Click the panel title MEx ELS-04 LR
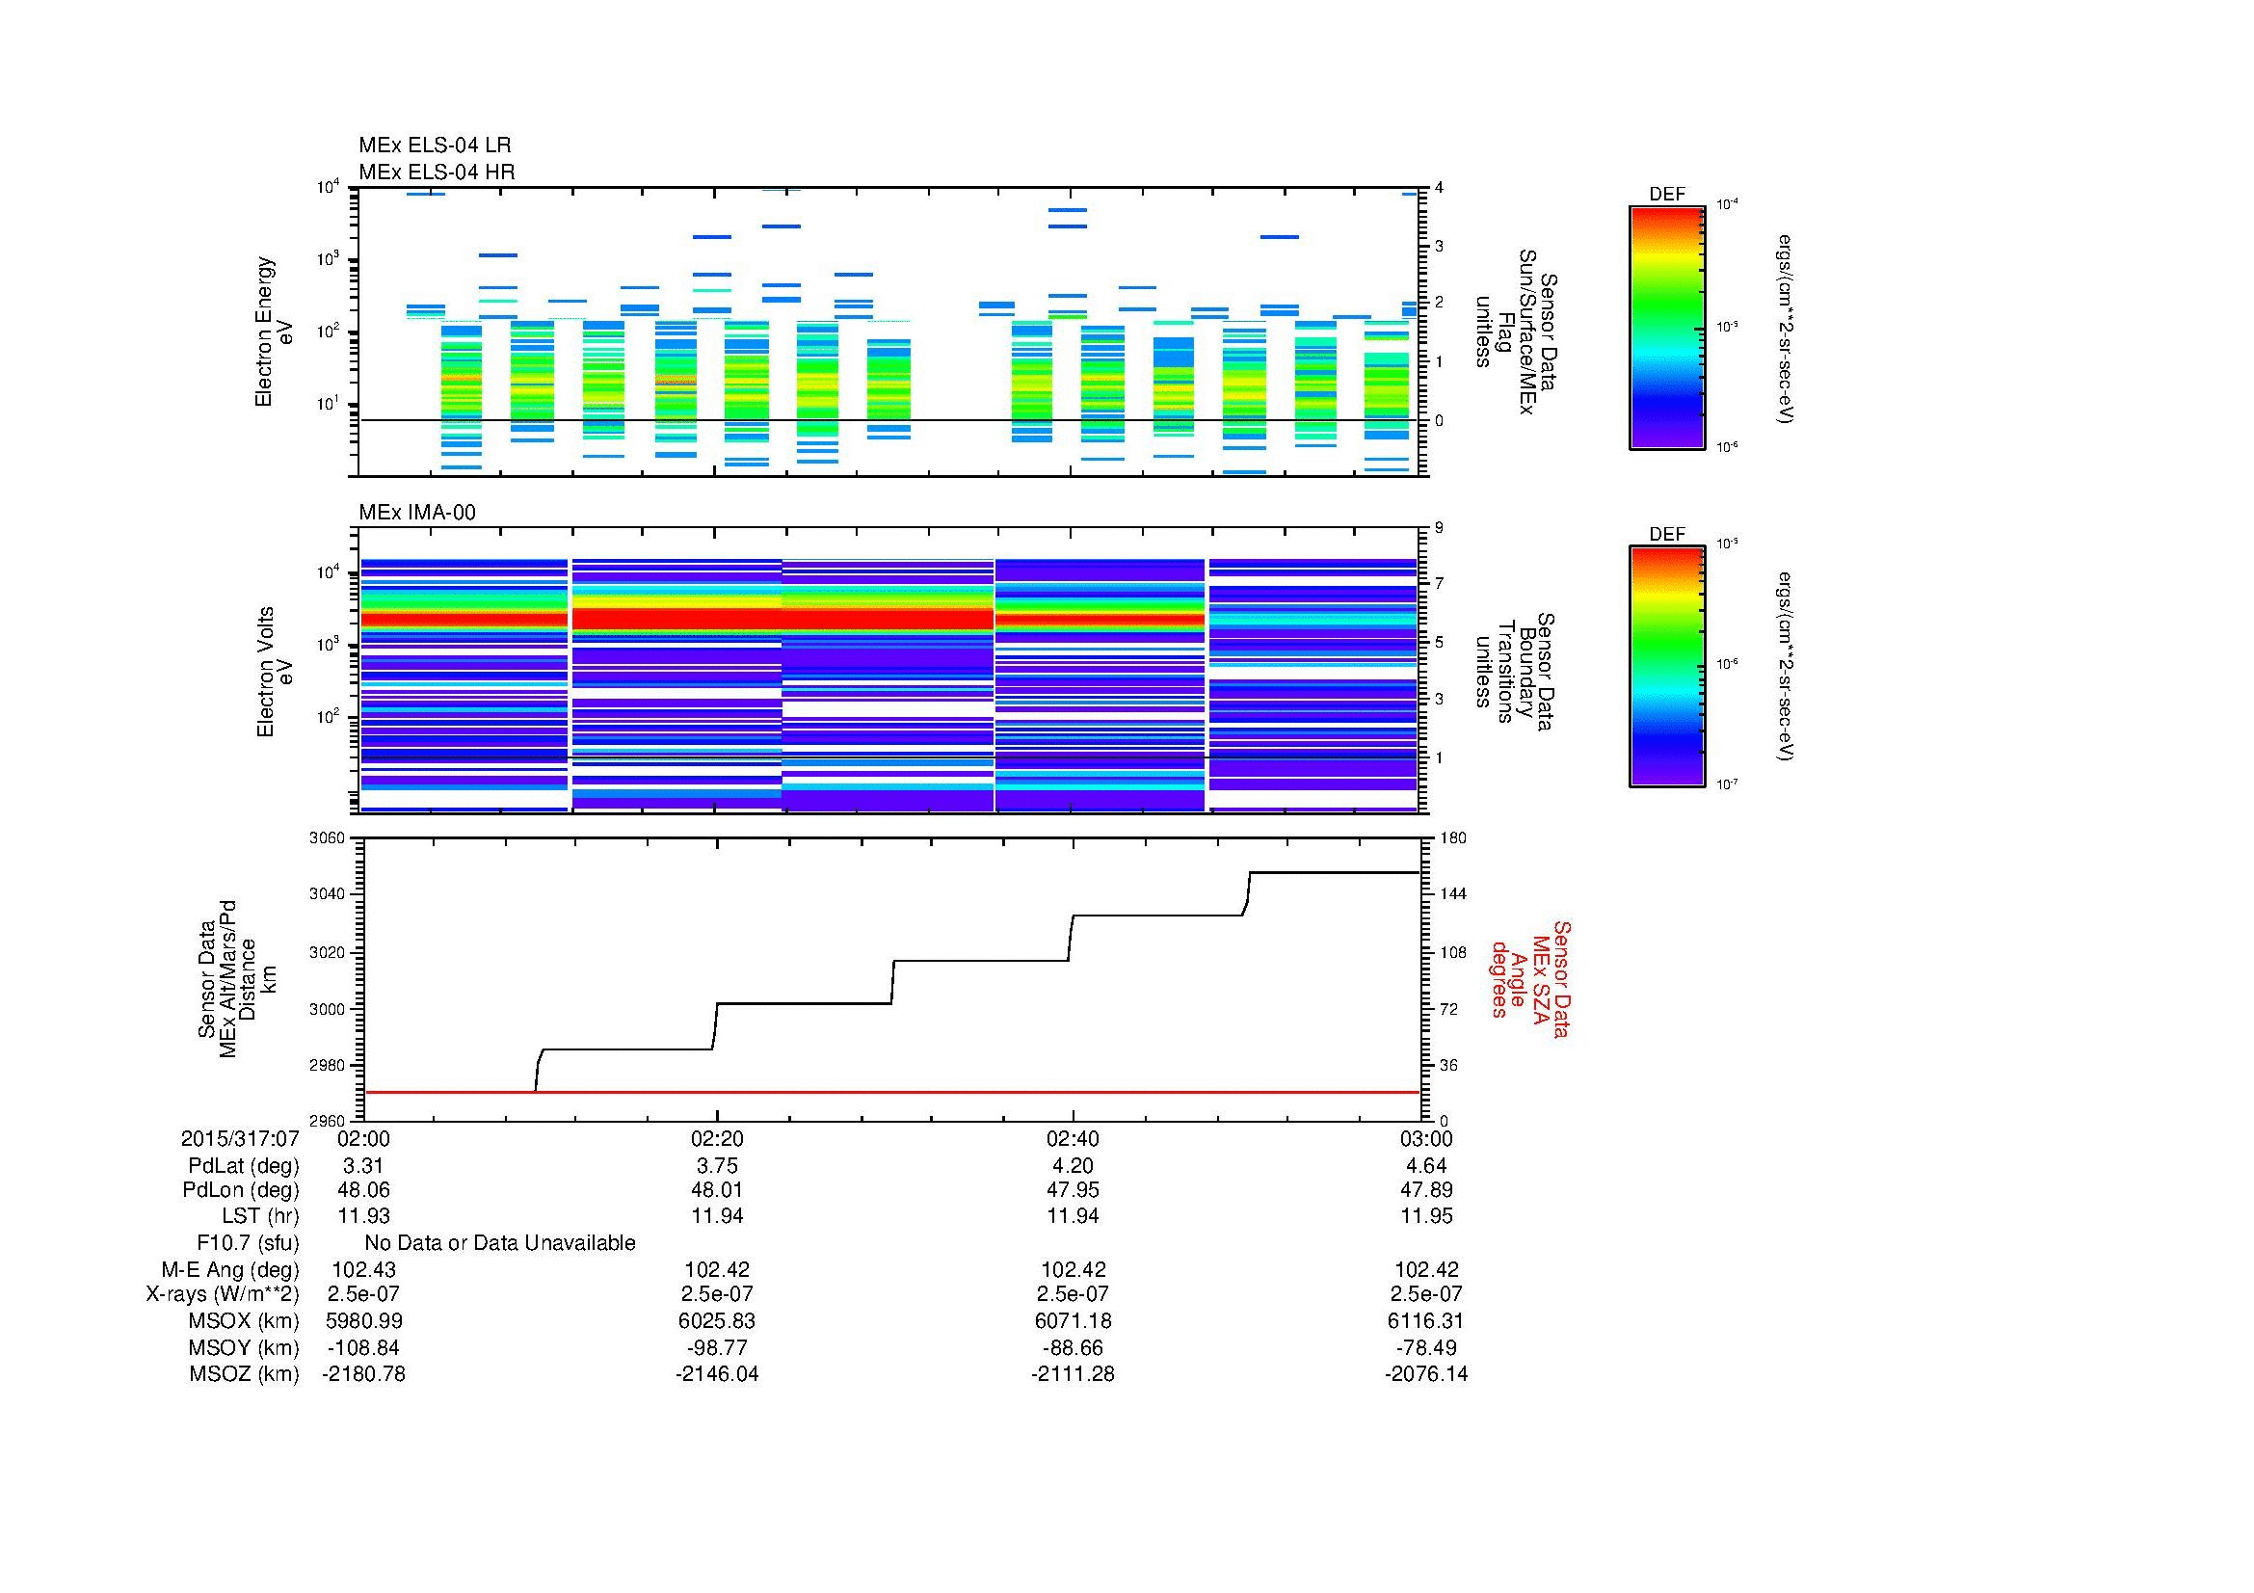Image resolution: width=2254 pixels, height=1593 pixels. pos(434,146)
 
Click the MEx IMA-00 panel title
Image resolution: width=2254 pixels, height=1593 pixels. pos(416,513)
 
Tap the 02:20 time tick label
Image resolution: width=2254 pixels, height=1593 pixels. pos(717,1139)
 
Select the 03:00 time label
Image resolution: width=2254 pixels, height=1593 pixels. pos(1425,1139)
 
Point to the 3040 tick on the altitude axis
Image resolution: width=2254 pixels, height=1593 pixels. pos(326,894)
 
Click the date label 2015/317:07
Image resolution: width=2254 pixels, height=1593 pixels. pos(240,1139)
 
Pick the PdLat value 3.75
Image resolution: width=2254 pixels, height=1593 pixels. pos(717,1166)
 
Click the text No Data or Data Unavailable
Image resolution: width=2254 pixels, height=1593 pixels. pos(500,1243)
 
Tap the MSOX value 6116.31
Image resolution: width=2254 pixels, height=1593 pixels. pos(1425,1321)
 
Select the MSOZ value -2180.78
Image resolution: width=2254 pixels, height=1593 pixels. pos(363,1374)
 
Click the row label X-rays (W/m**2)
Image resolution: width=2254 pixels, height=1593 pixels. pos(223,1294)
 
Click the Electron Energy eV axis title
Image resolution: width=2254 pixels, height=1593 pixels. pos(274,332)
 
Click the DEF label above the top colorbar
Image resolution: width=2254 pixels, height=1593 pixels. pos(1666,195)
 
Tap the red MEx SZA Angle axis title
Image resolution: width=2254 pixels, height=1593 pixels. pos(1529,978)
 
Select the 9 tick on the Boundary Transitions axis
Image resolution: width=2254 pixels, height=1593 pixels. pos(1440,528)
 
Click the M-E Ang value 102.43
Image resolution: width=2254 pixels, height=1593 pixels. pos(363,1270)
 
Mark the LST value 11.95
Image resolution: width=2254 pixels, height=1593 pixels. pos(1425,1216)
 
